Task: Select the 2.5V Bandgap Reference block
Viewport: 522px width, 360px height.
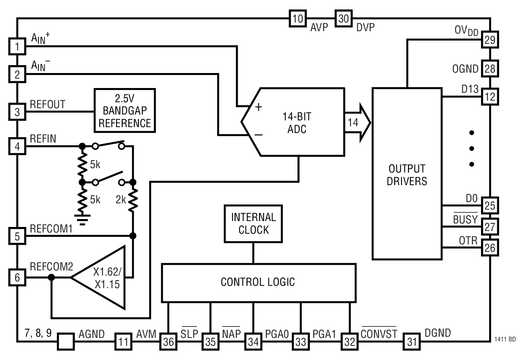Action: pyautogui.click(x=124, y=110)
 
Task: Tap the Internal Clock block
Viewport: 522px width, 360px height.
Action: pyautogui.click(x=253, y=223)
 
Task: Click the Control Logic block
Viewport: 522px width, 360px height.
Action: pyautogui.click(x=258, y=282)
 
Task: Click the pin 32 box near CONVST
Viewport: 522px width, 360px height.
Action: pyautogui.click(x=349, y=341)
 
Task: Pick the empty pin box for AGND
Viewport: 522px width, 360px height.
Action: pyautogui.click(x=66, y=341)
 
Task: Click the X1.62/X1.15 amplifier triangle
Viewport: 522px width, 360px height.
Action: pyautogui.click(x=103, y=278)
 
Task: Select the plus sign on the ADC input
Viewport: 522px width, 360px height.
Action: pyautogui.click(x=258, y=107)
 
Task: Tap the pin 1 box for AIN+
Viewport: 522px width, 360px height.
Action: pyautogui.click(x=17, y=47)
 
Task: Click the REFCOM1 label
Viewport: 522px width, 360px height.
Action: pyautogui.click(x=51, y=229)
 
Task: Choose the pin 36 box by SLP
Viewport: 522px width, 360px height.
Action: pyautogui.click(x=168, y=341)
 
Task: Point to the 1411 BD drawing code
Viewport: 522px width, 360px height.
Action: pyautogui.click(x=504, y=339)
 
